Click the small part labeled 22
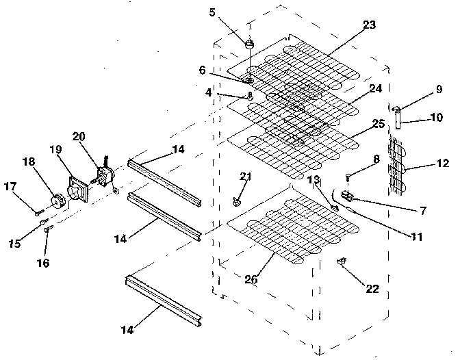[340, 262]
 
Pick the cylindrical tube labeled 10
[397, 120]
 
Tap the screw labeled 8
[349, 177]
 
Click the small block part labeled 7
[347, 197]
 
